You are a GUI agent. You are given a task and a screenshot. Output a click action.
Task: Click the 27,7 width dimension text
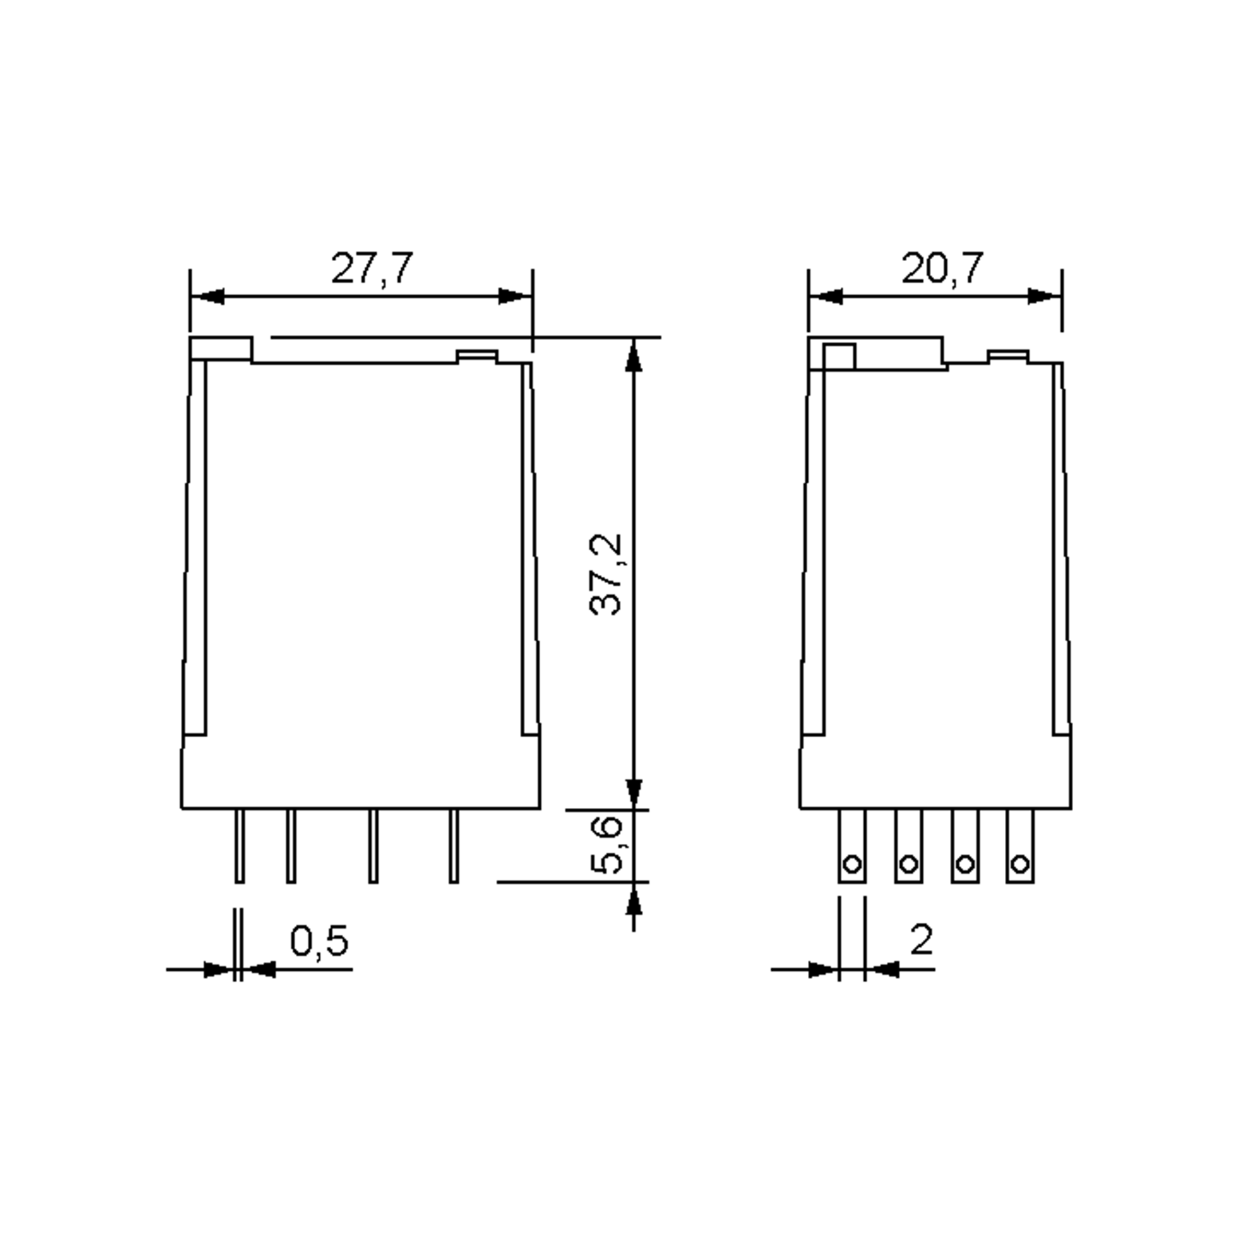pos(371,269)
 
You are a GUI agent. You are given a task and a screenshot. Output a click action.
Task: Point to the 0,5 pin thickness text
pos(319,942)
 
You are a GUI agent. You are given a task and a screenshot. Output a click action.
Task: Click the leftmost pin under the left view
pos(239,846)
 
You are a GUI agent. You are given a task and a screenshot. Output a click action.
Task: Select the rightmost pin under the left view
pos(454,846)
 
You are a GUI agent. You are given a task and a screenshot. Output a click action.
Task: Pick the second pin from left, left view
pos(292,846)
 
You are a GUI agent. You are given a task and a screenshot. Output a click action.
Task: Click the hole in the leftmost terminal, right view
pos(852,865)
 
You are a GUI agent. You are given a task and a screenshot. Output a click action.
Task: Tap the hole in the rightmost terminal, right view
pos(1020,865)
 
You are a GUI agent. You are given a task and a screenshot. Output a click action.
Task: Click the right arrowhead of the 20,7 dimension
pos(1044,297)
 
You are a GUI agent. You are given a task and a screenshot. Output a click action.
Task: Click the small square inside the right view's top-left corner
pos(840,357)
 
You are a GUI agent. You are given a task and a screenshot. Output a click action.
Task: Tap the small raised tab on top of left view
pos(477,356)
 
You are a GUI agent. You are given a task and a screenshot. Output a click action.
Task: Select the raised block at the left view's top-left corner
pos(220,349)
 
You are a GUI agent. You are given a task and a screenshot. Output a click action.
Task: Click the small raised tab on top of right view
pos(1008,356)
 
